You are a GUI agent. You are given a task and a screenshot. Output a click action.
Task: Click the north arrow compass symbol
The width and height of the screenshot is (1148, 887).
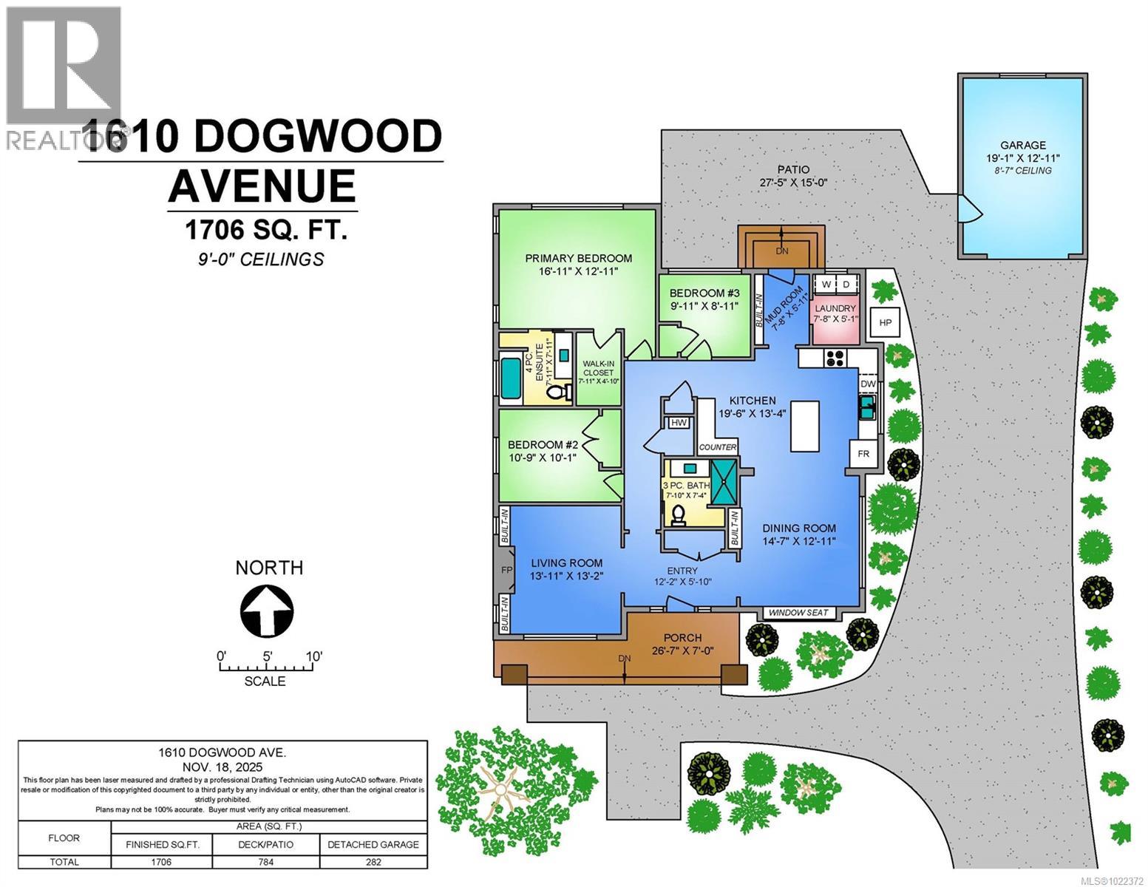tap(267, 611)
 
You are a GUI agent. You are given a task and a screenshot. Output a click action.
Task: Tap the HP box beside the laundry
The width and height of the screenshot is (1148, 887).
tap(885, 322)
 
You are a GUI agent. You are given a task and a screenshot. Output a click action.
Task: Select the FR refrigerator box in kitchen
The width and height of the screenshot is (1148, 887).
tap(863, 453)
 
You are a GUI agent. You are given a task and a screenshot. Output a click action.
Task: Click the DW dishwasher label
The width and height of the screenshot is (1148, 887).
tap(868, 384)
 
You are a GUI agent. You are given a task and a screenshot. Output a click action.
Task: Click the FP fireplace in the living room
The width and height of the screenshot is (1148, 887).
tap(506, 570)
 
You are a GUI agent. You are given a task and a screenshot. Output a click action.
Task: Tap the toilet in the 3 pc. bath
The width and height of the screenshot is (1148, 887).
tap(678, 514)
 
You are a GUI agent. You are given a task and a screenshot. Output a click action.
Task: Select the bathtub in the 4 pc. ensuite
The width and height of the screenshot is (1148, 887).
tap(511, 377)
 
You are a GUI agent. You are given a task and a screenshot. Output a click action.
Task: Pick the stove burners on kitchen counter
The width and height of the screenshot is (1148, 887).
tap(835, 358)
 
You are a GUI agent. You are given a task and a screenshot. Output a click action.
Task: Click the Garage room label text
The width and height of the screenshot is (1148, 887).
tap(1023, 146)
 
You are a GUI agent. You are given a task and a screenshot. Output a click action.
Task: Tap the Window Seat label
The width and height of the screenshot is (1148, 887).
tap(800, 613)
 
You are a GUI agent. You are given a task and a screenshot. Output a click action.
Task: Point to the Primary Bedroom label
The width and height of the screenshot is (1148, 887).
tap(578, 258)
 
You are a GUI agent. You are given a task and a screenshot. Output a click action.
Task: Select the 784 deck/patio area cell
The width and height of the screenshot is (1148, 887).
tap(265, 862)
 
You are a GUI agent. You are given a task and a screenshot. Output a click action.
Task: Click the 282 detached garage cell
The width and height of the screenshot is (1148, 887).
tap(373, 862)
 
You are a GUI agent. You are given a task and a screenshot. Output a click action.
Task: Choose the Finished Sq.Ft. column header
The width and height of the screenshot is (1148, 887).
tap(162, 844)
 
